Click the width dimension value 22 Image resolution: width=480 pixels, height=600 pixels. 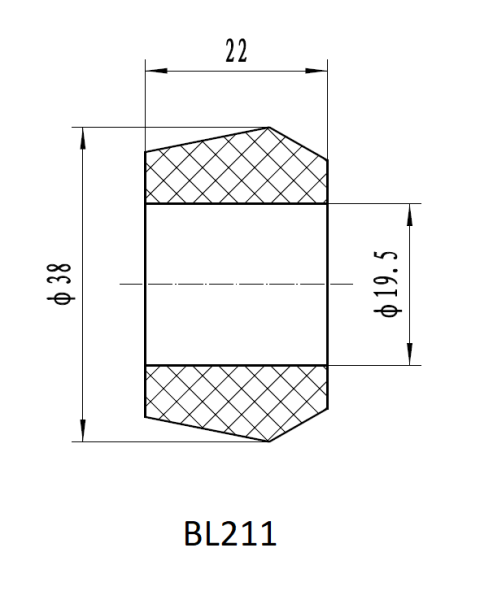pos(236,51)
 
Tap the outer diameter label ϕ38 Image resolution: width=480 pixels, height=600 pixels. pos(59,284)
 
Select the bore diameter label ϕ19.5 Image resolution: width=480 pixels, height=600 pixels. pos(387,284)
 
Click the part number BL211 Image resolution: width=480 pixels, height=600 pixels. pos(230,533)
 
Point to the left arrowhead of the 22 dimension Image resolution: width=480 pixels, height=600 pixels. pos(157,71)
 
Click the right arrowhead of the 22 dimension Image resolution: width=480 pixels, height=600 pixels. pos(317,71)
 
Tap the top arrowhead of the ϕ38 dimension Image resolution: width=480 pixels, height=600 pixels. pos(83,139)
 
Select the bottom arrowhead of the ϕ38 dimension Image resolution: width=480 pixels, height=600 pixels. pos(83,430)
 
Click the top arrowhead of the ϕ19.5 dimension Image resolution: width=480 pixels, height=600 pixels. pos(410,215)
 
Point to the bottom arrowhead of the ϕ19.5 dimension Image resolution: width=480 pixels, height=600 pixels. pos(410,354)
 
